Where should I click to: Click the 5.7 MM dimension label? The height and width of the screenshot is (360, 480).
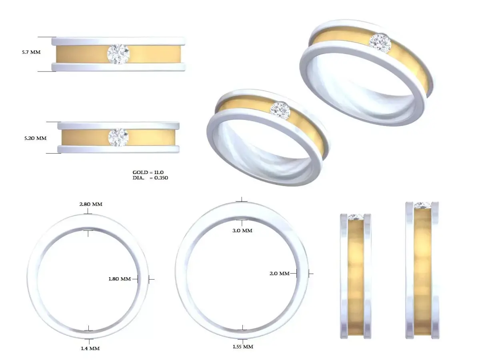point(31,52)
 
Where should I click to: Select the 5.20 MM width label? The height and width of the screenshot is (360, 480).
point(35,138)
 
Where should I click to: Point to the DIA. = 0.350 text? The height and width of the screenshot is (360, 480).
point(150,178)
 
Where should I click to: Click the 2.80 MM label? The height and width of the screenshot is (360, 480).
point(91,204)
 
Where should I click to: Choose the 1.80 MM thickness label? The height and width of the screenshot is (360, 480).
point(120,279)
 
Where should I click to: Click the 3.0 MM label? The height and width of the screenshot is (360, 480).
point(242,231)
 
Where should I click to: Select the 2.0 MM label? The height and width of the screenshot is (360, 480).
point(279,274)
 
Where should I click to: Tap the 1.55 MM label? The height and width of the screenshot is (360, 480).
point(243,346)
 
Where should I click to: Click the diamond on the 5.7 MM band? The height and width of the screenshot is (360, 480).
point(118,54)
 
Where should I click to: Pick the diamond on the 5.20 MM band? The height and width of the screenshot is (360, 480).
point(118,137)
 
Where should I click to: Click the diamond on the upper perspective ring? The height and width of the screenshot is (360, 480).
point(380,42)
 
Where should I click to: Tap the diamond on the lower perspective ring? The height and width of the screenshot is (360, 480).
point(280,110)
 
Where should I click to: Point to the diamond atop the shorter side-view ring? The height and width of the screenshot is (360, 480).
point(356,217)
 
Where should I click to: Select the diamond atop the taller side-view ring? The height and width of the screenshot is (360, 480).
point(422,205)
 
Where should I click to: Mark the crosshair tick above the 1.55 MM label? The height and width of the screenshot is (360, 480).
point(242,329)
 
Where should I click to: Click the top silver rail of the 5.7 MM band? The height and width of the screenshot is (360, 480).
point(118,41)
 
